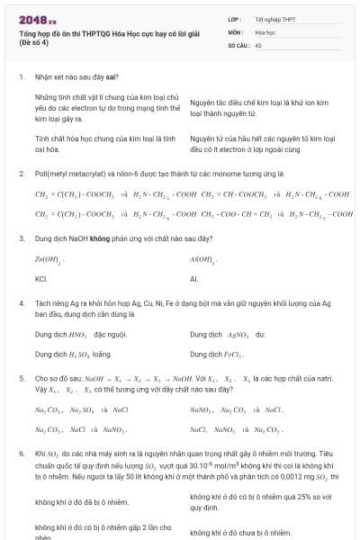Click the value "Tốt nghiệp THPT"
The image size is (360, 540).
pyautogui.click(x=274, y=19)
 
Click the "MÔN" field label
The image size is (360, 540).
pyautogui.click(x=236, y=31)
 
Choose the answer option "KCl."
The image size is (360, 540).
pyautogui.click(x=41, y=279)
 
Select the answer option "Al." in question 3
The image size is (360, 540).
pyautogui.click(x=194, y=279)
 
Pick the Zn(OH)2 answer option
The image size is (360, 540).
pyautogui.click(x=48, y=259)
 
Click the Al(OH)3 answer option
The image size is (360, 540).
pyautogui.click(x=203, y=259)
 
